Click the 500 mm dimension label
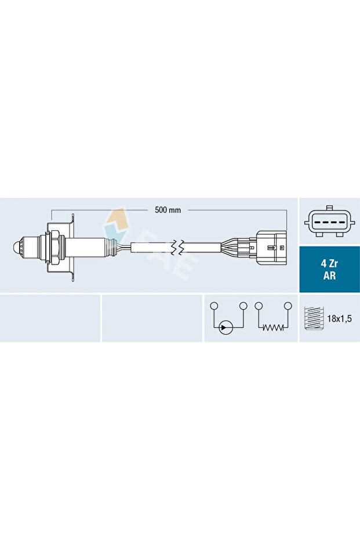tap(168, 210)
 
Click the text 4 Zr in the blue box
tap(329, 263)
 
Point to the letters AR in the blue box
tap(329, 276)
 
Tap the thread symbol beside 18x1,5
tap(312, 318)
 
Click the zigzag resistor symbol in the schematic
tap(272, 328)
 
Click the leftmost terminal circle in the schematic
tap(214, 306)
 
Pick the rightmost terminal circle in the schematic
tap(288, 306)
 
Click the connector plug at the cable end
tap(272, 249)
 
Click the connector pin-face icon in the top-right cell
tap(329, 221)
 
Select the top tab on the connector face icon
tap(329, 207)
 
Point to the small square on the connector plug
tap(281, 248)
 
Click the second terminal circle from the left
tap(243, 306)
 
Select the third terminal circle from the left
tap(259, 306)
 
